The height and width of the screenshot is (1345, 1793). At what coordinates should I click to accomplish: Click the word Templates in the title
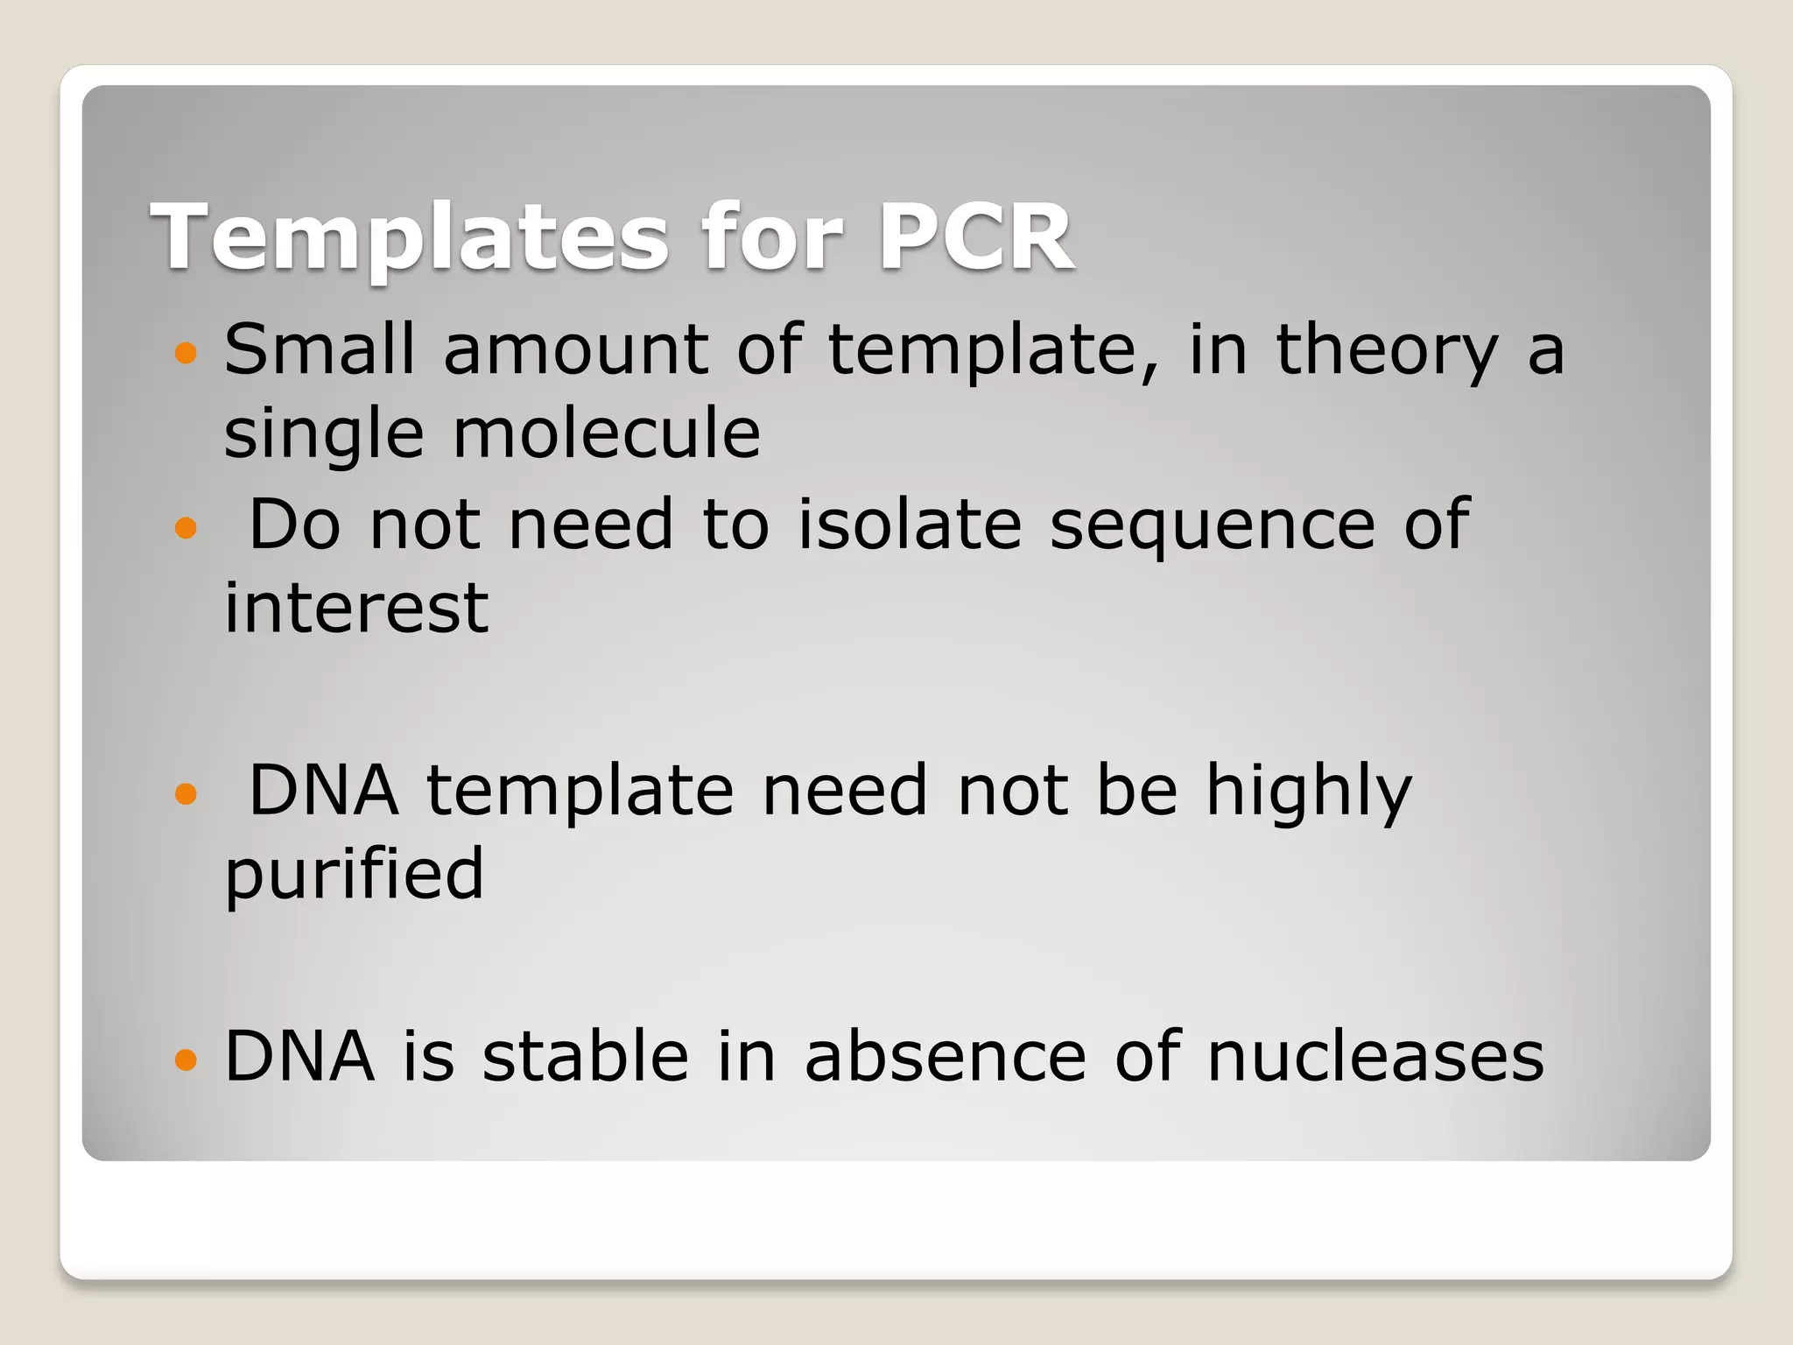coord(410,236)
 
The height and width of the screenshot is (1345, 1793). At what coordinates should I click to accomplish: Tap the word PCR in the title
coord(976,236)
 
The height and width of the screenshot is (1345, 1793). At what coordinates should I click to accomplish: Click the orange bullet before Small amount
coord(186,353)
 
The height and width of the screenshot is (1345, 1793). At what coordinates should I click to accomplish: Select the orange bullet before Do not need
coord(186,528)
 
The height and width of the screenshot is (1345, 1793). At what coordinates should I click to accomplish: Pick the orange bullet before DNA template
coord(186,794)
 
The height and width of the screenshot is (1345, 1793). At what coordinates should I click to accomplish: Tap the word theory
coord(1387,350)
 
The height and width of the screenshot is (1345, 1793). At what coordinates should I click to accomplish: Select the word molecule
coord(606,433)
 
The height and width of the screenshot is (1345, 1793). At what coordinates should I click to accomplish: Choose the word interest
coord(355,608)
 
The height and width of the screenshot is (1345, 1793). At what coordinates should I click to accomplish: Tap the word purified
coord(354,874)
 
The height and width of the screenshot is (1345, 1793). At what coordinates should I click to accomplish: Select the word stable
coord(585,1055)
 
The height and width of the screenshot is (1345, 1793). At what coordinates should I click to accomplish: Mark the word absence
coord(946,1055)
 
